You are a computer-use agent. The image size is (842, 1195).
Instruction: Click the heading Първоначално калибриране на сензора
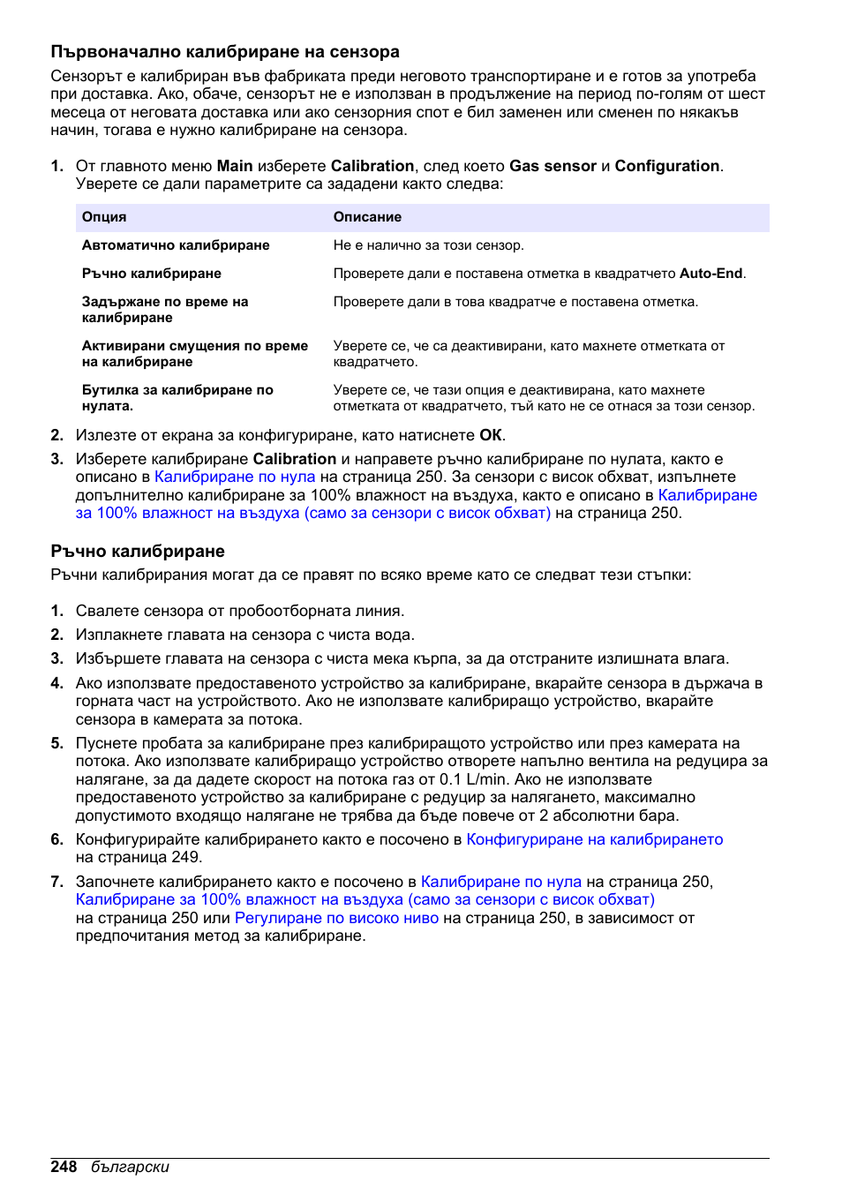225,52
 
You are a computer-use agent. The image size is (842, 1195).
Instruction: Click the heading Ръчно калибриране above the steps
138,552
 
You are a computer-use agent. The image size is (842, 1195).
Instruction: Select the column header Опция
104,217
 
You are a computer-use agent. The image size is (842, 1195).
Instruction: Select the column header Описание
367,217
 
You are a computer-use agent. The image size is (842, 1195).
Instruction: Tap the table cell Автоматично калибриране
176,245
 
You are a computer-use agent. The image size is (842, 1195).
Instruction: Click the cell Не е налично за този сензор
428,245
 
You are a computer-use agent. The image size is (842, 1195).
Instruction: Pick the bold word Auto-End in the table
710,274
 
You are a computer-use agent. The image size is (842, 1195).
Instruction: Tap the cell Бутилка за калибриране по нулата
177,398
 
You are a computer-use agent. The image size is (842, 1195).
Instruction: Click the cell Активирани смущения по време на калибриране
194,354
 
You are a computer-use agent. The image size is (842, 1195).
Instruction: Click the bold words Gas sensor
553,166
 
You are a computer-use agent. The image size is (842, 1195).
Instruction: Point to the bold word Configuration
666,166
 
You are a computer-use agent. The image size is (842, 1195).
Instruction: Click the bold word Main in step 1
235,166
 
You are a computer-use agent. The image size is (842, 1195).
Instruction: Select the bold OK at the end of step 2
491,435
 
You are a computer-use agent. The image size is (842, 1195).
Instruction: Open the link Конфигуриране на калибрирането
594,839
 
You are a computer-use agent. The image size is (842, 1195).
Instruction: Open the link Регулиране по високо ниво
336,918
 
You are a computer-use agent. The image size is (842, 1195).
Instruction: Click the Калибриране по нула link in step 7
501,882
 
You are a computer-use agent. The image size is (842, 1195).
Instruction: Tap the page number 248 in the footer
64,1167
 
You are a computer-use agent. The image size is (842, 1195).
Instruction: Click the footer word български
130,1167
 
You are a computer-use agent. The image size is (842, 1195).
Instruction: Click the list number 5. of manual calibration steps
57,743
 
